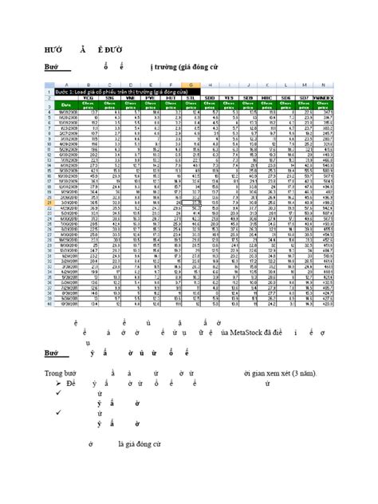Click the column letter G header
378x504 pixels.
tap(185, 85)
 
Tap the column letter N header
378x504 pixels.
tap(324, 85)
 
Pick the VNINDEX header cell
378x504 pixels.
tap(324, 98)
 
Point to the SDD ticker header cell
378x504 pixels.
tap(210, 98)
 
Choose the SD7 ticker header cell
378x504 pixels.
tap(303, 98)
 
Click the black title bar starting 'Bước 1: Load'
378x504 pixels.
tap(120, 92)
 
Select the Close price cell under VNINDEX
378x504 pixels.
tap(324, 106)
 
